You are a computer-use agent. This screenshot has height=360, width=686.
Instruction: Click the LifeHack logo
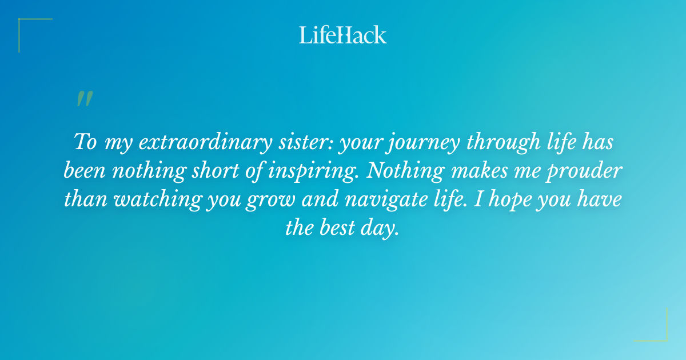click(342, 35)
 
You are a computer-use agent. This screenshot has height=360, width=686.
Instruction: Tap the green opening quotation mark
click(84, 99)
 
